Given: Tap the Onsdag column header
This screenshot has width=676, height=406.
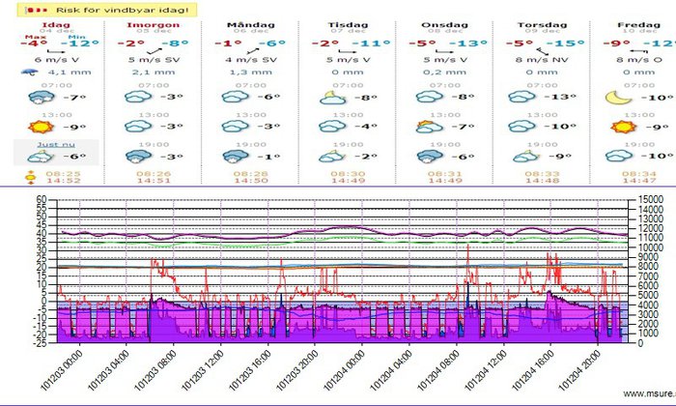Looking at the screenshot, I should (440, 22).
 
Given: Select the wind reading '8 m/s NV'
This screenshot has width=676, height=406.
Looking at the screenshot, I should (542, 59).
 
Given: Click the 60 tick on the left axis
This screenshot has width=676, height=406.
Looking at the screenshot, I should (41, 200).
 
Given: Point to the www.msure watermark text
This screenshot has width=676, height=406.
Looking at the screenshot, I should (645, 393).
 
